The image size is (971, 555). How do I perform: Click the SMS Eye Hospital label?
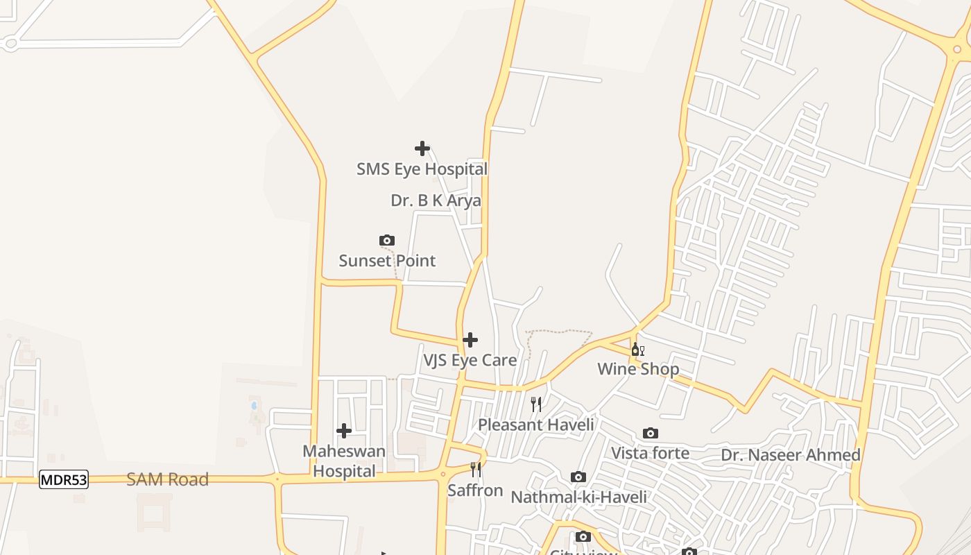click(x=422, y=169)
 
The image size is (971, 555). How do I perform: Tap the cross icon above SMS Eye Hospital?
click(x=422, y=148)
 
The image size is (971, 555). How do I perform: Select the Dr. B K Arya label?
click(x=436, y=201)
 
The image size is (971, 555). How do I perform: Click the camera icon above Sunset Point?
click(x=387, y=241)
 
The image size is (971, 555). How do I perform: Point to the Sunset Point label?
click(x=387, y=261)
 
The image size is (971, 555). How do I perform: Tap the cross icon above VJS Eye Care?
click(x=470, y=340)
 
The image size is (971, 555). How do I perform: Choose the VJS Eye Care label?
click(x=470, y=361)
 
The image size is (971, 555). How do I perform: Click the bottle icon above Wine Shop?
click(x=638, y=350)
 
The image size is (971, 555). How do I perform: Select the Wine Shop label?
click(x=638, y=369)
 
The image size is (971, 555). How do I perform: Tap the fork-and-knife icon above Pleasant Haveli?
click(x=536, y=404)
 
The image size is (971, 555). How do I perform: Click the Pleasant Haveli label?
click(x=536, y=425)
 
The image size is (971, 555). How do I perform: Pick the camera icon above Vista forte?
click(x=651, y=434)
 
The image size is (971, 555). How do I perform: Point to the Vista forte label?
click(x=651, y=454)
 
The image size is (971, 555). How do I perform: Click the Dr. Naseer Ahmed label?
click(x=791, y=455)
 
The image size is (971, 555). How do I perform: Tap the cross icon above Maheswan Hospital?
click(x=344, y=432)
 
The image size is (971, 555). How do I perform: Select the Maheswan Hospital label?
click(x=344, y=461)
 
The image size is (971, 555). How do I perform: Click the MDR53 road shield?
click(x=64, y=479)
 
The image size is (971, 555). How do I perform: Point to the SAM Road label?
click(x=167, y=479)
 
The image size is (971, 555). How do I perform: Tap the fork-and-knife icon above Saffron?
click(x=476, y=470)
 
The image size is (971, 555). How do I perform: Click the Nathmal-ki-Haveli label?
click(x=578, y=497)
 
